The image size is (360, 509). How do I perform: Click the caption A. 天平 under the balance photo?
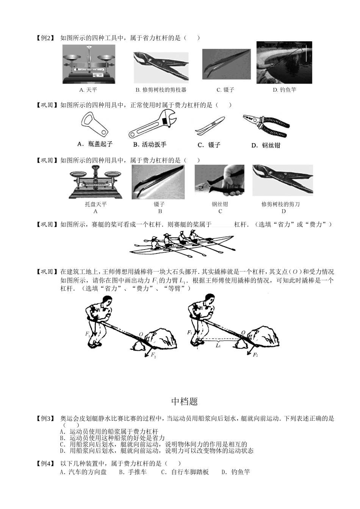pyautogui.click(x=88, y=90)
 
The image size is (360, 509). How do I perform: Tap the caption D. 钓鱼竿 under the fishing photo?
pyautogui.click(x=284, y=90)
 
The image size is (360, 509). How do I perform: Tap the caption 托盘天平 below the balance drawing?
pyautogui.click(x=95, y=204)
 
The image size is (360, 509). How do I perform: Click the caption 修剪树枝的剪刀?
pyautogui.click(x=280, y=204)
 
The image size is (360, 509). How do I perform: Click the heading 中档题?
pyautogui.click(x=185, y=401)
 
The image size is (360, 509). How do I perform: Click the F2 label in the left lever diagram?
pyautogui.click(x=153, y=355)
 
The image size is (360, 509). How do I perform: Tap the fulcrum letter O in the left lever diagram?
pyautogui.click(x=141, y=334)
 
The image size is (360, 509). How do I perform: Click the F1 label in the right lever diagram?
pyautogui.click(x=189, y=332)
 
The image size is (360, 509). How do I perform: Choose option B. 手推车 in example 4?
pyautogui.click(x=133, y=472)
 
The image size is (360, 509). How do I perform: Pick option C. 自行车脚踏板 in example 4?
pyautogui.click(x=185, y=472)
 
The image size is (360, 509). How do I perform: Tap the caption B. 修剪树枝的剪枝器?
pyautogui.click(x=161, y=90)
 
